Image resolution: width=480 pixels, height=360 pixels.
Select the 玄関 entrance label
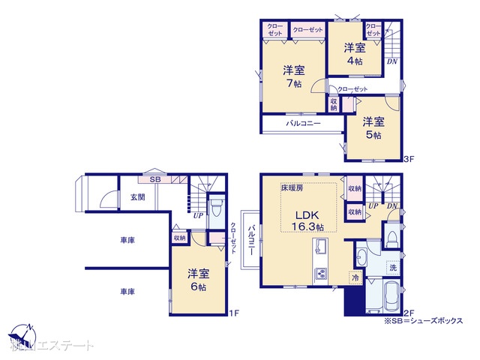pos(137,197)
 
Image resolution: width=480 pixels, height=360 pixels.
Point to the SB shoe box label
pos(154,180)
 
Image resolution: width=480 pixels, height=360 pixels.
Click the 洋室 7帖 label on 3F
pos(293,76)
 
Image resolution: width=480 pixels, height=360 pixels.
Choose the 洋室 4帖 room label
pos(354,54)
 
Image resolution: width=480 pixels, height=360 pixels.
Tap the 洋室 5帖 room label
pos(373,127)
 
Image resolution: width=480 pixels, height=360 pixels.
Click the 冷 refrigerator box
pos(354,277)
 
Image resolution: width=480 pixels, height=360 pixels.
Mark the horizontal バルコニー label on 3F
pos(303,123)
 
